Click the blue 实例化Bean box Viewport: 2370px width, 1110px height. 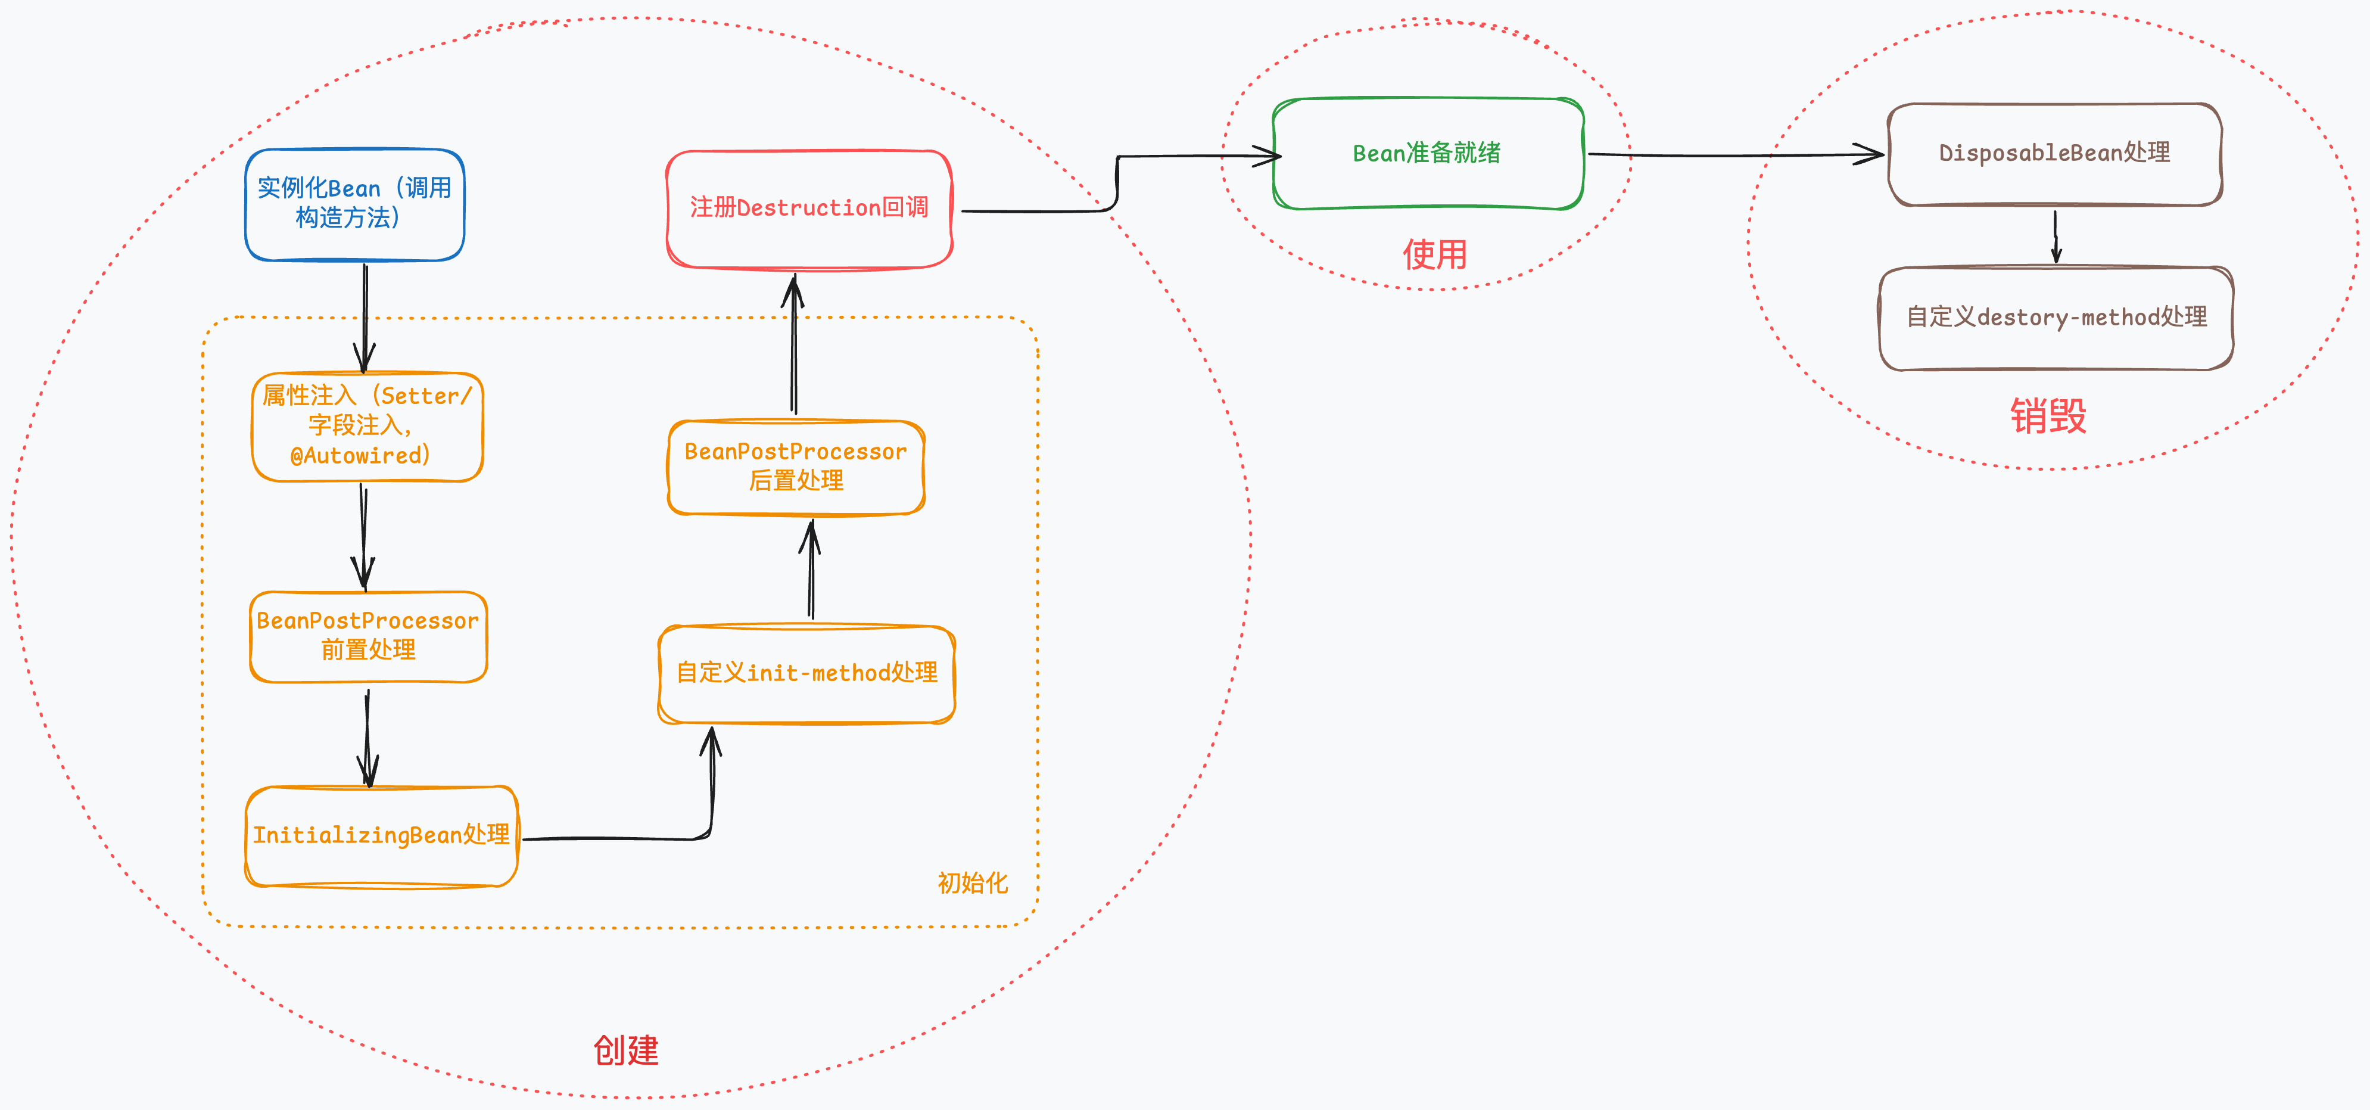[354, 204]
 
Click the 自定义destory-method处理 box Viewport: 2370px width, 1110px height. [2056, 318]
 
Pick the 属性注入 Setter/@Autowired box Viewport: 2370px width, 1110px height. [367, 426]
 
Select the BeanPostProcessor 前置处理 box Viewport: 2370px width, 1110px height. [368, 636]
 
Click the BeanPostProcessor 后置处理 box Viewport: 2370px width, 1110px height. [796, 467]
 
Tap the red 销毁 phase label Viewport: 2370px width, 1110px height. [2048, 416]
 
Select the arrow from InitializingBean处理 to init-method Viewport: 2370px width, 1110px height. [644, 838]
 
